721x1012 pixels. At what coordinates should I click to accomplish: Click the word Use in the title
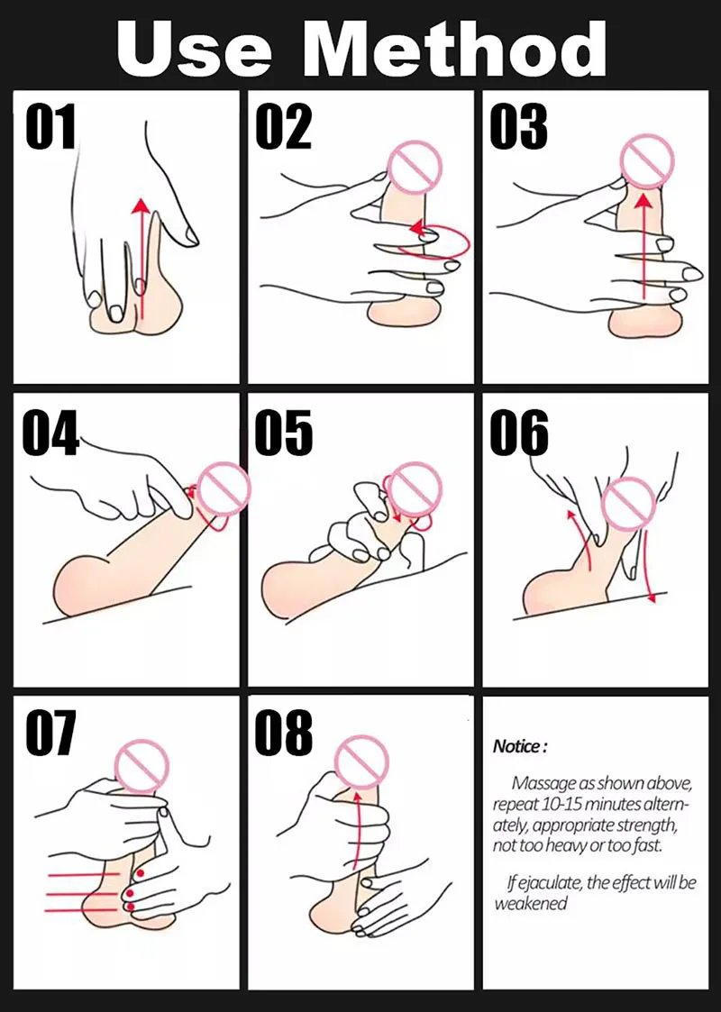pyautogui.click(x=194, y=49)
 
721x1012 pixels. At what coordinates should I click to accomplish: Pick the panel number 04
pyautogui.click(x=51, y=431)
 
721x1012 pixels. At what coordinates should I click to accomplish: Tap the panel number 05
pyautogui.click(x=284, y=431)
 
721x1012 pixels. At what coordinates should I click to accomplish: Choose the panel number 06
pyautogui.click(x=519, y=431)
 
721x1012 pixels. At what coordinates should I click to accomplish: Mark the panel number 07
pyautogui.click(x=51, y=733)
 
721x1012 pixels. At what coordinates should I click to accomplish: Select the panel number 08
pyautogui.click(x=284, y=733)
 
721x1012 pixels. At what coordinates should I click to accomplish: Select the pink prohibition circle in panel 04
pyautogui.click(x=224, y=489)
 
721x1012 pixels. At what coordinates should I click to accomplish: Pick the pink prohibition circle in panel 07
pyautogui.click(x=141, y=766)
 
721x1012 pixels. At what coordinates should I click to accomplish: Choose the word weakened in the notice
pyautogui.click(x=531, y=903)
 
